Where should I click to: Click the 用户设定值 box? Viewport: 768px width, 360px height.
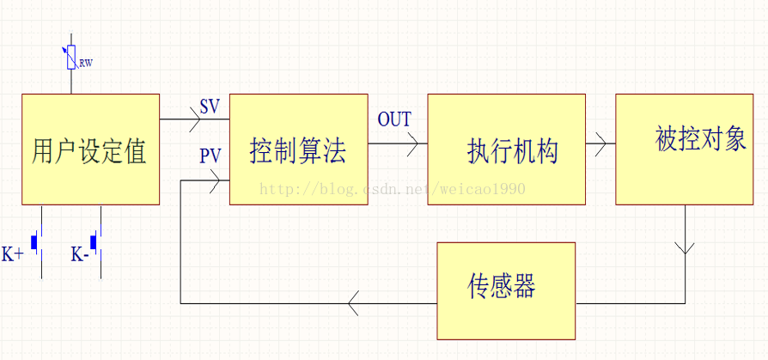90,149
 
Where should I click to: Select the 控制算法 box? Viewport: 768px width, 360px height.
298,149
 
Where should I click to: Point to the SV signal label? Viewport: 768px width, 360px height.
209,107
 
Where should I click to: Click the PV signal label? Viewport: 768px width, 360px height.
210,156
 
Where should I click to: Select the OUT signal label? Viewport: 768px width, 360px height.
394,119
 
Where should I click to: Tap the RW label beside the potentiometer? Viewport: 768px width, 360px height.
85,63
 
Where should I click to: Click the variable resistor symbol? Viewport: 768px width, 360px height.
70,58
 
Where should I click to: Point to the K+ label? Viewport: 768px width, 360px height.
12,254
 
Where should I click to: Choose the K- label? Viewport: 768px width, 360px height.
80,254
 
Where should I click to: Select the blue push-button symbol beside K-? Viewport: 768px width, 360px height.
94,243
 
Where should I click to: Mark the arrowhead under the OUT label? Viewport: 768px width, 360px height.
411,144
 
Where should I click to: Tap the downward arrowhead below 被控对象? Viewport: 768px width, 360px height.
685,247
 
